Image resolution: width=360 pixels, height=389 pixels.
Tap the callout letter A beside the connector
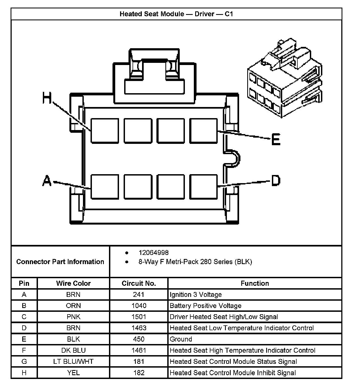click(x=47, y=181)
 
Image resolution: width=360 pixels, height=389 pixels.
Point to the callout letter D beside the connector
click(x=275, y=180)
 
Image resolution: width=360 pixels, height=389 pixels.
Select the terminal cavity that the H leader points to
click(x=104, y=130)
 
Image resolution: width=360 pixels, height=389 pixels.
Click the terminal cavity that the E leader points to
click(x=203, y=130)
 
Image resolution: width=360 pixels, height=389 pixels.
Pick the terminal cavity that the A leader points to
click(x=104, y=187)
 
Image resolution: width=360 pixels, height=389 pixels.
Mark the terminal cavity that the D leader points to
click(x=203, y=187)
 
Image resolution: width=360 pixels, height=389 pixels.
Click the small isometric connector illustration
click(x=285, y=79)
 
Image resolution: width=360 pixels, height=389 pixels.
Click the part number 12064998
click(x=153, y=253)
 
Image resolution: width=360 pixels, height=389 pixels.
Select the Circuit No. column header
click(x=139, y=283)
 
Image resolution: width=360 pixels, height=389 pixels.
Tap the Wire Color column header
click(x=73, y=283)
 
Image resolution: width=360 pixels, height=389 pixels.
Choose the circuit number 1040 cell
click(x=139, y=306)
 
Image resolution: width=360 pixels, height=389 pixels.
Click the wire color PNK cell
click(x=73, y=317)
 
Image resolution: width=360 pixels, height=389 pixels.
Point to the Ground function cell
click(x=181, y=339)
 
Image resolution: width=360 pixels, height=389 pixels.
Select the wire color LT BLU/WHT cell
click(x=73, y=361)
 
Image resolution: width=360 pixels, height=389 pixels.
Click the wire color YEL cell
click(x=73, y=373)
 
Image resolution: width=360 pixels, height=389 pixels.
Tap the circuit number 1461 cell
click(x=139, y=350)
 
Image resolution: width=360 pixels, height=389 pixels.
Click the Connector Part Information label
click(x=60, y=262)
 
